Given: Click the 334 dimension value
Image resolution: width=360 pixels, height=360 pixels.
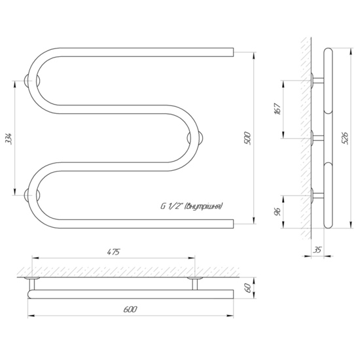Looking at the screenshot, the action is click(9, 138).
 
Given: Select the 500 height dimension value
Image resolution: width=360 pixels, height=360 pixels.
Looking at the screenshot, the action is click(247, 138).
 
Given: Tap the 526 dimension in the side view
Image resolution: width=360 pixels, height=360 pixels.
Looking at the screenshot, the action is click(344, 138).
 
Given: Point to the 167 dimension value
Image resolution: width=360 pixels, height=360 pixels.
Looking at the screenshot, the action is click(278, 109).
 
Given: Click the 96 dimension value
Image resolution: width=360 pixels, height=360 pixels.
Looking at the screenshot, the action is click(278, 211).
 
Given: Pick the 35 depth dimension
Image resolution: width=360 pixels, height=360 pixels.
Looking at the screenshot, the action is click(317, 249).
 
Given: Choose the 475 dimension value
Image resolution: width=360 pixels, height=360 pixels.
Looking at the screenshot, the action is click(113, 252).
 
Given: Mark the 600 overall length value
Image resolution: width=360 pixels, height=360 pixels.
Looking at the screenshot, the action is click(130, 309).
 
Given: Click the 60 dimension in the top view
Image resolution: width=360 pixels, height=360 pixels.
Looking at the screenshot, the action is click(247, 288).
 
